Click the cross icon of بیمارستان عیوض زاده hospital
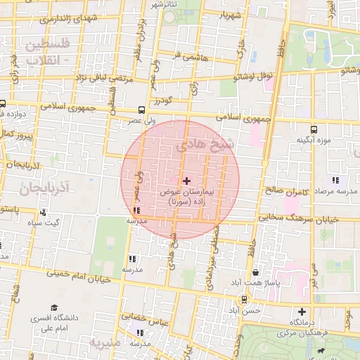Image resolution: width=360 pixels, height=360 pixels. point(186,181)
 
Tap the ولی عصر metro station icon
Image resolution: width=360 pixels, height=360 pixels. point(143,110)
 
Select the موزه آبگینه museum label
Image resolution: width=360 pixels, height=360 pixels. point(314,140)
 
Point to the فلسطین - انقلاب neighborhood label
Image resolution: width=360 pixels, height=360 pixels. point(47,52)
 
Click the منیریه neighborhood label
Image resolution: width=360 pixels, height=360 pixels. point(106,342)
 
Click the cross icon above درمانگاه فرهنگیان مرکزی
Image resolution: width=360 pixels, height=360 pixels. point(302,311)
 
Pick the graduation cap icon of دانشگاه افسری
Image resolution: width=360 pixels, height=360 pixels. point(55,308)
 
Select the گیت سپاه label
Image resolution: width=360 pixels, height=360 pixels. point(44,224)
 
